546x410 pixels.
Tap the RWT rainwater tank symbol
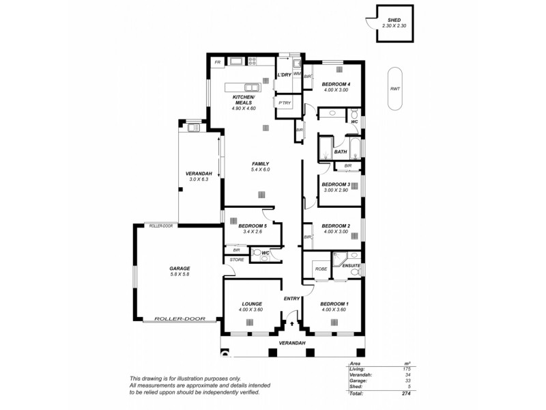395,89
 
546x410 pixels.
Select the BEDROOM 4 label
336,84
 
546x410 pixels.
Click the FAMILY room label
261,163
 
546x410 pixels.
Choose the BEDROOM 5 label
253,225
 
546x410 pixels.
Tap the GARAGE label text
179,269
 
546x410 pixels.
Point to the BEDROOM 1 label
335,303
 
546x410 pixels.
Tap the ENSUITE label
351,265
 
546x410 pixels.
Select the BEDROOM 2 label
336,225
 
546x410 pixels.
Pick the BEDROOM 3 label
336,184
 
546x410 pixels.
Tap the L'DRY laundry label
284,75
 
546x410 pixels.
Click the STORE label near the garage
237,260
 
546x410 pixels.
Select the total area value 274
405,394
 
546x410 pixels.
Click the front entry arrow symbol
292,325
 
